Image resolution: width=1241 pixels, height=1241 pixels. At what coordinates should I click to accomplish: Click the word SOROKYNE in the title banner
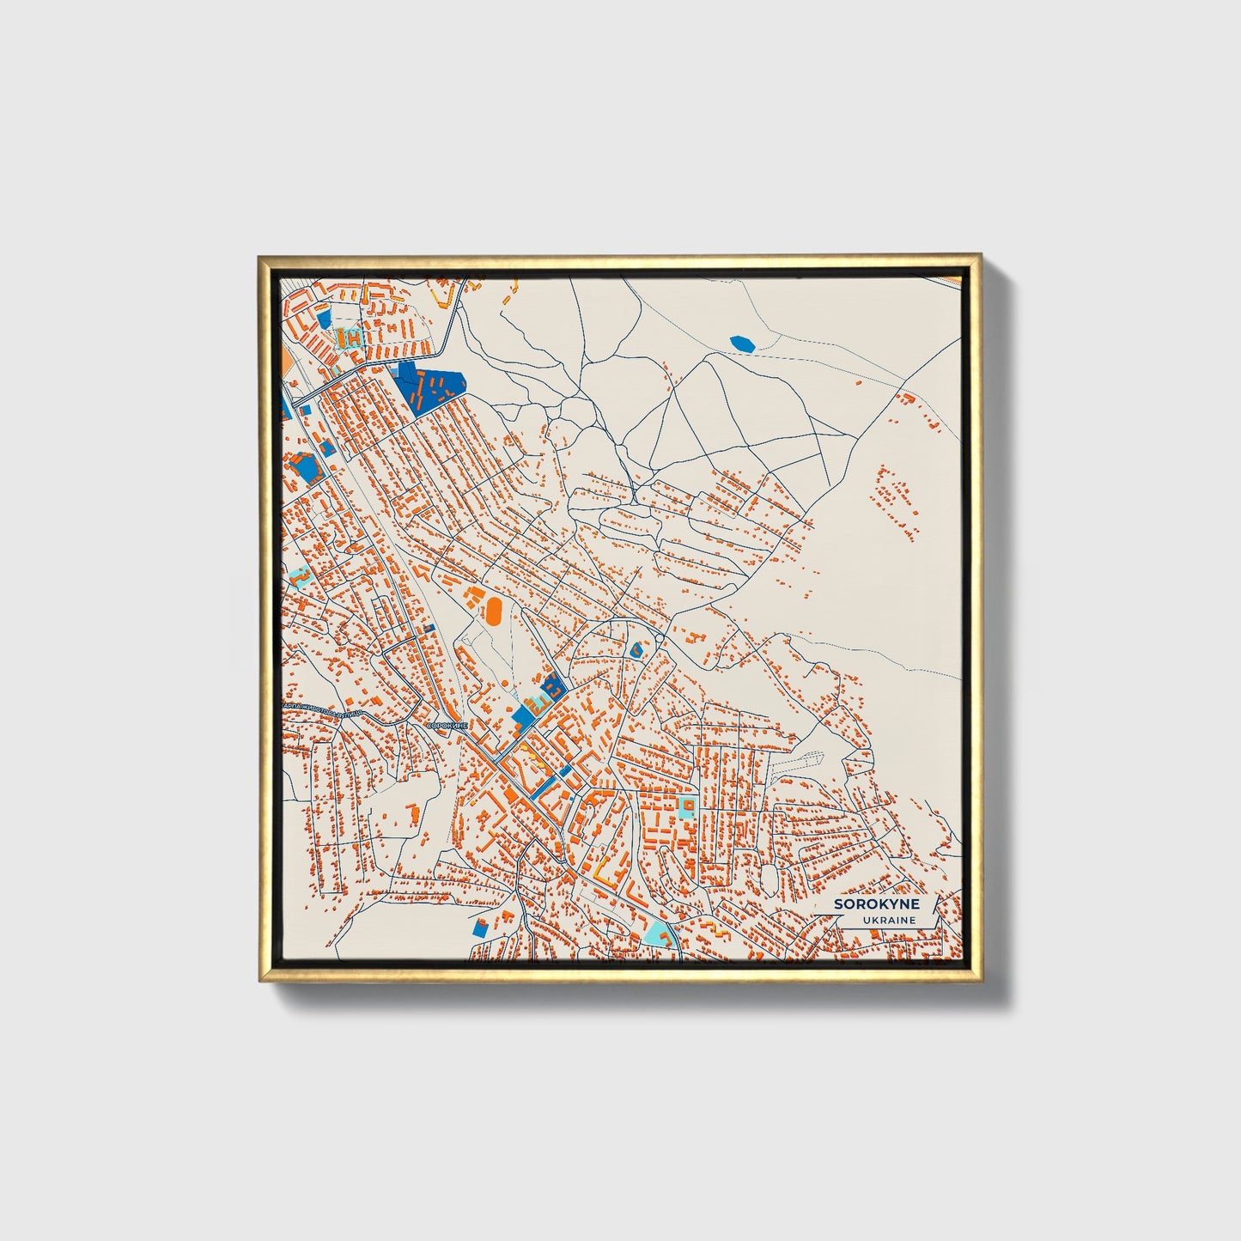click(876, 904)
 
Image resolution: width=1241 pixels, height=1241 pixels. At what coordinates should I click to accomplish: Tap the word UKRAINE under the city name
click(890, 920)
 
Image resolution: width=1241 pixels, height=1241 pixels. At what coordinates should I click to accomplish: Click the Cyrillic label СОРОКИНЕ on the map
click(447, 726)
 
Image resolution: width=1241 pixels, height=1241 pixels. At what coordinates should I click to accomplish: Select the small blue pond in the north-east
click(742, 344)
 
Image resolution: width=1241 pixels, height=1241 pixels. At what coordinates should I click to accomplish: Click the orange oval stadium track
click(494, 610)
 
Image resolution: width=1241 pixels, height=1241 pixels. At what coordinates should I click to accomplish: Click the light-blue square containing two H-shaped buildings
click(350, 337)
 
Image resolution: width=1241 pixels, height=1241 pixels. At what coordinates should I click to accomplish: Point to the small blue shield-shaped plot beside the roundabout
click(636, 650)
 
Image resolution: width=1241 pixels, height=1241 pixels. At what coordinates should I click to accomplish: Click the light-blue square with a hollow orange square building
click(686, 806)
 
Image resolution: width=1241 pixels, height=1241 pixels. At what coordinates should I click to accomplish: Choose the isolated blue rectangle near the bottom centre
click(480, 928)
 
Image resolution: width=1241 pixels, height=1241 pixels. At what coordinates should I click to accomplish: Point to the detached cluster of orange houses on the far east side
click(893, 502)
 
